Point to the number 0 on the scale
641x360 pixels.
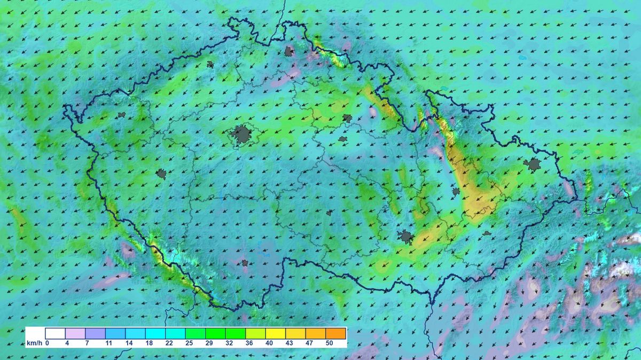tap(47, 343)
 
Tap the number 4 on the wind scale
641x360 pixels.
tap(67, 343)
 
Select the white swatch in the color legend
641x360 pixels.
tap(55, 333)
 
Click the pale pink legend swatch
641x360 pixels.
tap(75, 333)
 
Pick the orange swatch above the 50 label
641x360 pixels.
tap(336, 333)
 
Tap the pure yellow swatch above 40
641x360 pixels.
tap(276, 333)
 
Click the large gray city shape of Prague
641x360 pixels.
tap(242, 135)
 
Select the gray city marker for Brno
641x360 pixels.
tap(407, 237)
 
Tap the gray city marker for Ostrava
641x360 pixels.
tap(533, 165)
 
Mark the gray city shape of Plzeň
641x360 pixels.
tap(161, 174)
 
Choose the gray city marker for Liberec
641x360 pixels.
tap(290, 52)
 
